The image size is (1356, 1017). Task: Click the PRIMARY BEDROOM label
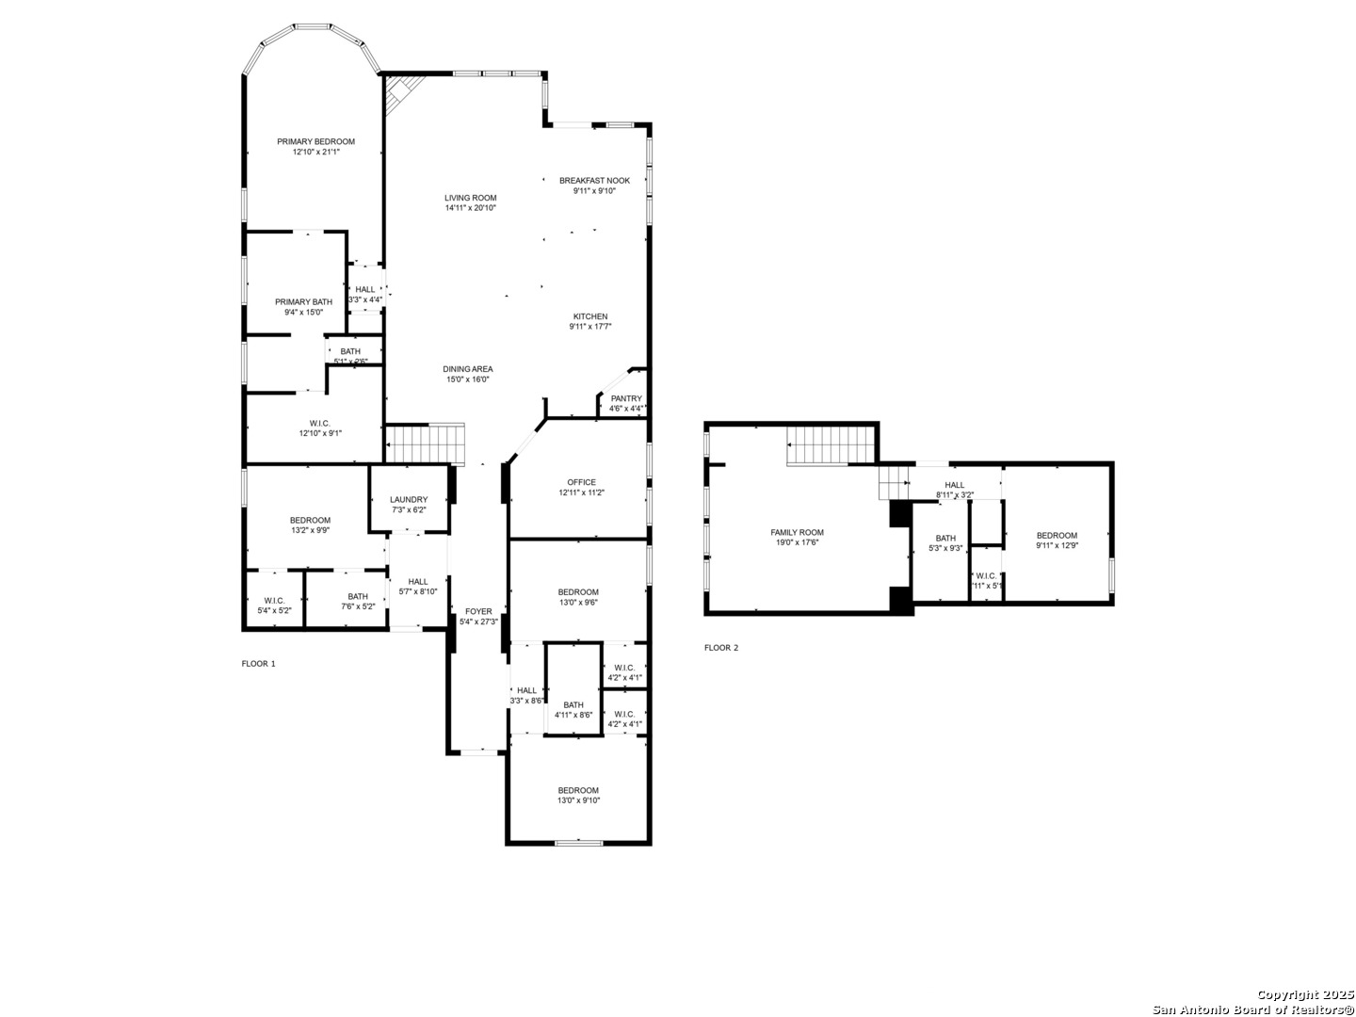tap(315, 141)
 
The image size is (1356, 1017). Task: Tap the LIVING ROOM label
tap(471, 198)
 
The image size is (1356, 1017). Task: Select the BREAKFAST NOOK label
tap(594, 180)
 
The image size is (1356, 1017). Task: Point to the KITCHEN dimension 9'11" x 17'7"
tap(589, 327)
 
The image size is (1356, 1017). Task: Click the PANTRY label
tap(625, 398)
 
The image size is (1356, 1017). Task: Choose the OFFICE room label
tap(581, 482)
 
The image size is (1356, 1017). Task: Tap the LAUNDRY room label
tap(409, 499)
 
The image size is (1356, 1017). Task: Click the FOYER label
tap(478, 611)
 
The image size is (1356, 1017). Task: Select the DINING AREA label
tap(468, 369)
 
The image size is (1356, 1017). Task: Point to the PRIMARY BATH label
tap(303, 301)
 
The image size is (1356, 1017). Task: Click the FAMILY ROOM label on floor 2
tap(797, 532)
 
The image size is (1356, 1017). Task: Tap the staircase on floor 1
tap(427, 444)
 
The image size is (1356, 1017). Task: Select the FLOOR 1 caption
tap(259, 664)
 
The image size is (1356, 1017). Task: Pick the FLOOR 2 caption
tap(721, 648)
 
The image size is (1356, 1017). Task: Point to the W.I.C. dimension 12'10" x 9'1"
tap(320, 433)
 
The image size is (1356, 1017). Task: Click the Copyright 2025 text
tap(1303, 994)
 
